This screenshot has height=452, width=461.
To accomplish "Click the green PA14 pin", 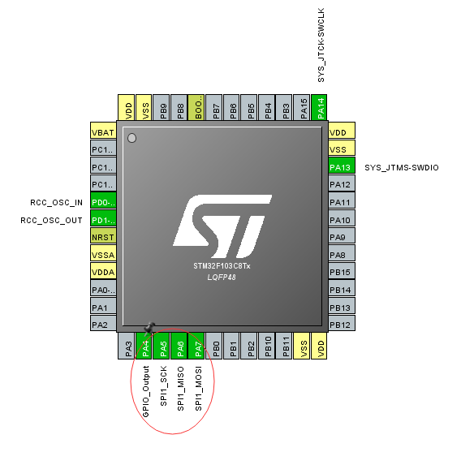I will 321,107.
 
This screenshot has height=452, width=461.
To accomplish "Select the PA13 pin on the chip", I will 340,167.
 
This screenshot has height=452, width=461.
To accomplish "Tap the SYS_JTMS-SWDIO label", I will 401,167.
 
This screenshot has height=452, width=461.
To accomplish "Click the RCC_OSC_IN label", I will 50,203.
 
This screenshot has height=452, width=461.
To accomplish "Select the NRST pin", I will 103,238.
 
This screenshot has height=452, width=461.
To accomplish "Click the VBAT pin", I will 103,132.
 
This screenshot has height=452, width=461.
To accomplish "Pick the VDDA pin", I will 103,273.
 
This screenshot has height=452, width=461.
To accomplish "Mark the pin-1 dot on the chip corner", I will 132,139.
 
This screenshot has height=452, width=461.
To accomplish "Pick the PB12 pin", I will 340,325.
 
